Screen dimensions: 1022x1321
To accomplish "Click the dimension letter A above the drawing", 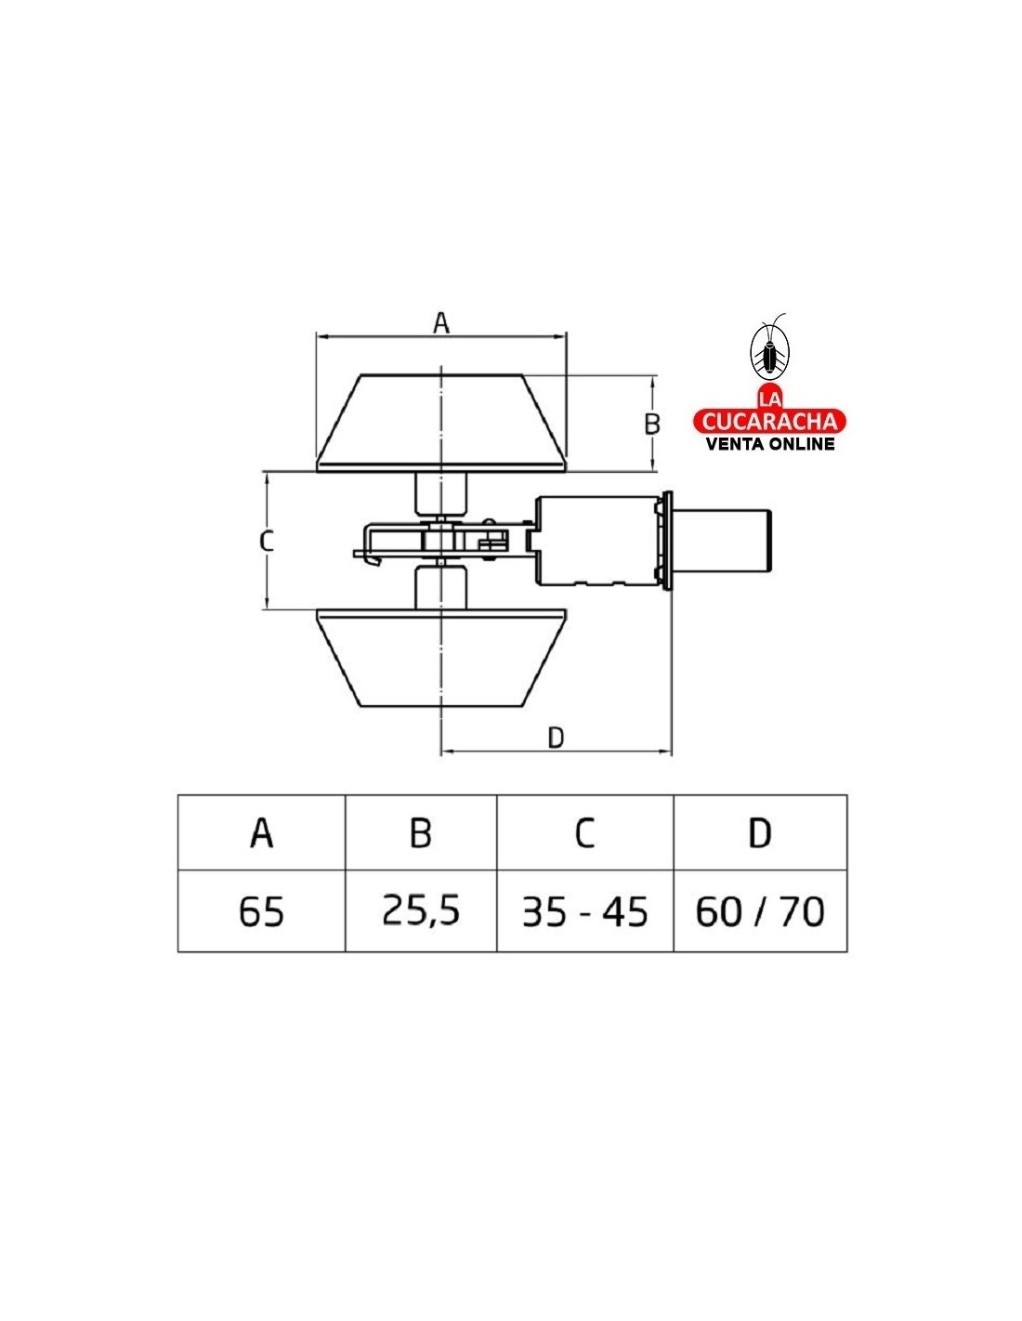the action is coord(441,322).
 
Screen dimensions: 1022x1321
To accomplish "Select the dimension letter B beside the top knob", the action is coord(651,424).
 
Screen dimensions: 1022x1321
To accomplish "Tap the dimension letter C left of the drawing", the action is coord(266,541).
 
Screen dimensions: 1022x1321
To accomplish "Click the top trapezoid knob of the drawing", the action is coord(441,423).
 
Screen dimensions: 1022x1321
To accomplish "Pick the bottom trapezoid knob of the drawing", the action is coord(441,657).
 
